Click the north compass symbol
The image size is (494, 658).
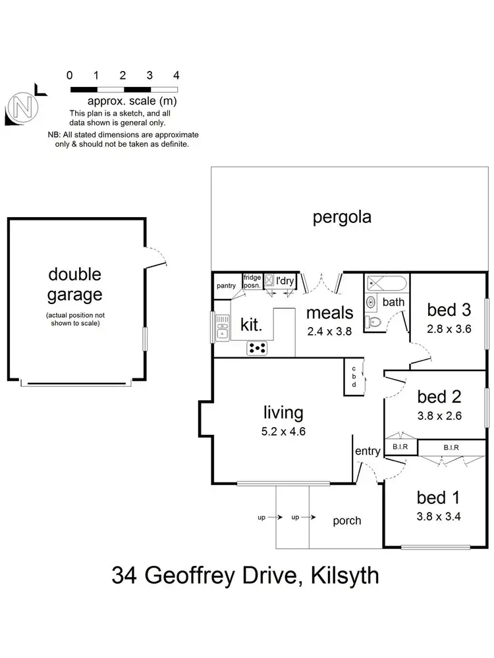(22, 105)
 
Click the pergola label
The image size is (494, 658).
(342, 217)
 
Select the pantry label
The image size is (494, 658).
(227, 286)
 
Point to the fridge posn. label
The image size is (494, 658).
(252, 281)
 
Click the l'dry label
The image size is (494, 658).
(285, 281)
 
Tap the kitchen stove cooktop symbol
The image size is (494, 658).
(257, 348)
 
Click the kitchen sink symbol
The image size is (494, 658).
(222, 326)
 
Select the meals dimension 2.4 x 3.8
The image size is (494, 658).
(330, 331)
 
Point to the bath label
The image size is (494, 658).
(393, 302)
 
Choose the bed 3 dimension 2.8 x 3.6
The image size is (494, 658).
(449, 329)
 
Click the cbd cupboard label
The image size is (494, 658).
(354, 377)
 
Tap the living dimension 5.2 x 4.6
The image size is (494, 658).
(283, 432)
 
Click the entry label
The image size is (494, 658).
(368, 451)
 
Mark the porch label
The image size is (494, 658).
(346, 520)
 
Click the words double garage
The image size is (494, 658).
(74, 284)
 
